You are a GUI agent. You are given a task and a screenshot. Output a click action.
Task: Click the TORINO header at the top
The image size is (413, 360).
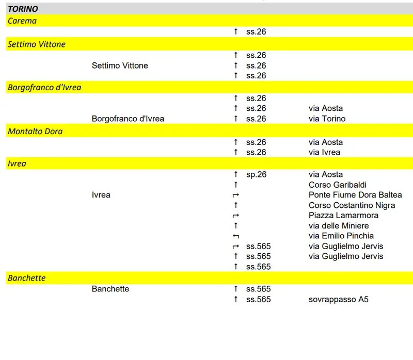pos(23,9)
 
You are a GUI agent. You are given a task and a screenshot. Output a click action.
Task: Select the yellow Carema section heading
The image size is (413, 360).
pos(22,21)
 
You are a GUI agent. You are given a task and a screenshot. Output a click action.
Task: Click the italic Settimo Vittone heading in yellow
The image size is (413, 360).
pos(37,44)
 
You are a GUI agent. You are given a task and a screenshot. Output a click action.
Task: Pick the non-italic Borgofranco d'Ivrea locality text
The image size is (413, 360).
pos(128,119)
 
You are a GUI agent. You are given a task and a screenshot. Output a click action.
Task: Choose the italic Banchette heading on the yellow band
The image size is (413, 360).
pos(27,278)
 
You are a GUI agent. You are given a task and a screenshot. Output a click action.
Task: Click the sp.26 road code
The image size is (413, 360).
pos(256,174)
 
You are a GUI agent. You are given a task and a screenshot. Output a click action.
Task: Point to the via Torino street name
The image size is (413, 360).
pos(327,119)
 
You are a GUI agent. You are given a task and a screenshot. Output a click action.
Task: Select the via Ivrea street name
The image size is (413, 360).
pos(325,152)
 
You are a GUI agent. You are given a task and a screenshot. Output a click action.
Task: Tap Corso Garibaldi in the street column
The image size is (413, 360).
pos(338,185)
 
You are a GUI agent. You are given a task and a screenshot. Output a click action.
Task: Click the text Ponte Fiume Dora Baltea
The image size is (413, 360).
pos(355,195)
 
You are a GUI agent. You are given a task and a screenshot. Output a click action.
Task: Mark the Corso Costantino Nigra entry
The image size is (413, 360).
pos(352,205)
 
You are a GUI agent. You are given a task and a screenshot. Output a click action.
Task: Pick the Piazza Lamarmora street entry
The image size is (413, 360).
pos(344,215)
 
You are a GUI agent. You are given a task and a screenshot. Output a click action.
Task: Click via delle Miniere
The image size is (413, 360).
pos(339,225)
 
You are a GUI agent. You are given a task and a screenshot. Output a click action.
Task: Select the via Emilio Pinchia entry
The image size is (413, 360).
pos(341,236)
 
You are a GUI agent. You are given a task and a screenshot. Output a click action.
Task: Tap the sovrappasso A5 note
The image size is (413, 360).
pos(339,299)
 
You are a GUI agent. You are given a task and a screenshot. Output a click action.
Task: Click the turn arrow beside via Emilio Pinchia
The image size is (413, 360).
pos(236,236)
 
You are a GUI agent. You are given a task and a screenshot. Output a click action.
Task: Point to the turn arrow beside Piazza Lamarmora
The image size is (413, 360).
pos(236,216)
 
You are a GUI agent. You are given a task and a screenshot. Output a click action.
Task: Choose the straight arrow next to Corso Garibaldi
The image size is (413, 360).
pos(236,185)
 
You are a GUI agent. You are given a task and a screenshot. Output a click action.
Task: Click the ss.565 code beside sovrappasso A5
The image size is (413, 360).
pos(258,299)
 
